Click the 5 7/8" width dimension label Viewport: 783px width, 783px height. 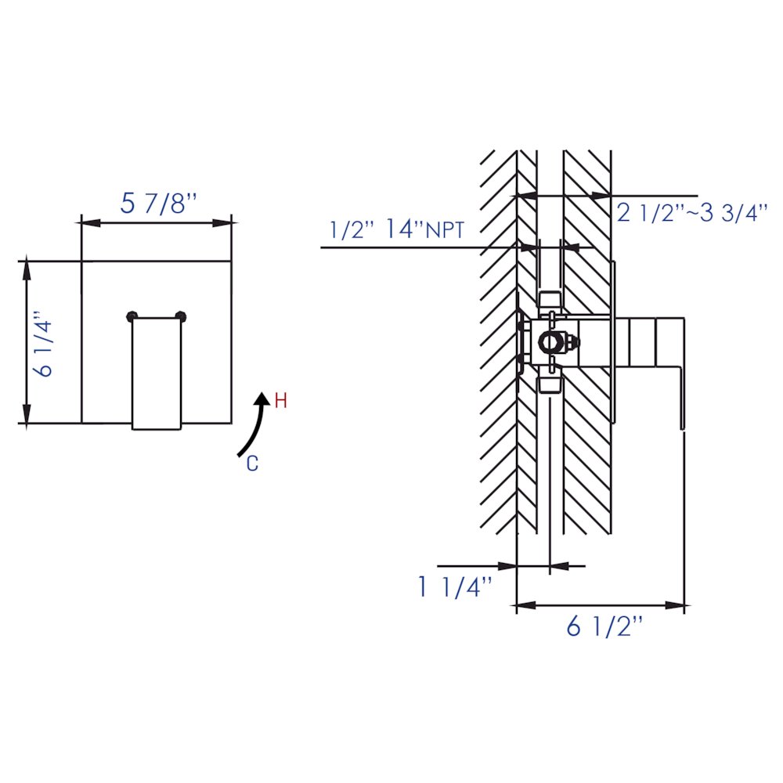(157, 204)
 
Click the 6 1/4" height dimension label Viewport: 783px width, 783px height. (45, 347)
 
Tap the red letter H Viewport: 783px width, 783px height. (281, 402)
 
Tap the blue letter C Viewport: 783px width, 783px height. (252, 464)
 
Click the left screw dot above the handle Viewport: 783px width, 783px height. (132, 316)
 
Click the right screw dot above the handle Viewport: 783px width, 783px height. (182, 316)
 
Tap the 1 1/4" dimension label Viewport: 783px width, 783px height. (455, 586)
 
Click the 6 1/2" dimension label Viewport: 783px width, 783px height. (604, 627)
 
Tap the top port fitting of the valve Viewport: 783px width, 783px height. (550, 301)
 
